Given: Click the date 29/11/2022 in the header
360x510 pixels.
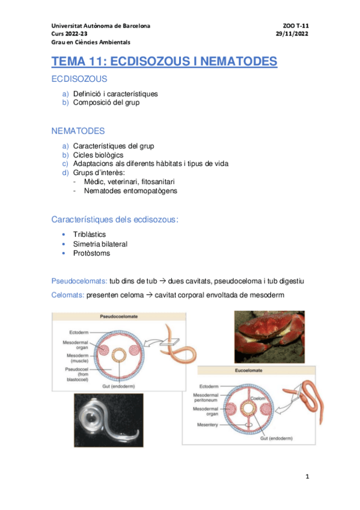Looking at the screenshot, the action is pos(292,34).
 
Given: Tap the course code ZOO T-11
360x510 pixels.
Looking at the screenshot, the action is pos(296,26).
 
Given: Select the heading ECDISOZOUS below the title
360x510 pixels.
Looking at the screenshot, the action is pos(79,79).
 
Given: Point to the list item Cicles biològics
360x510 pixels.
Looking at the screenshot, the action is pos(99,155).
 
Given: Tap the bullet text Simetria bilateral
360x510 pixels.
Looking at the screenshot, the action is pos(100,244).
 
